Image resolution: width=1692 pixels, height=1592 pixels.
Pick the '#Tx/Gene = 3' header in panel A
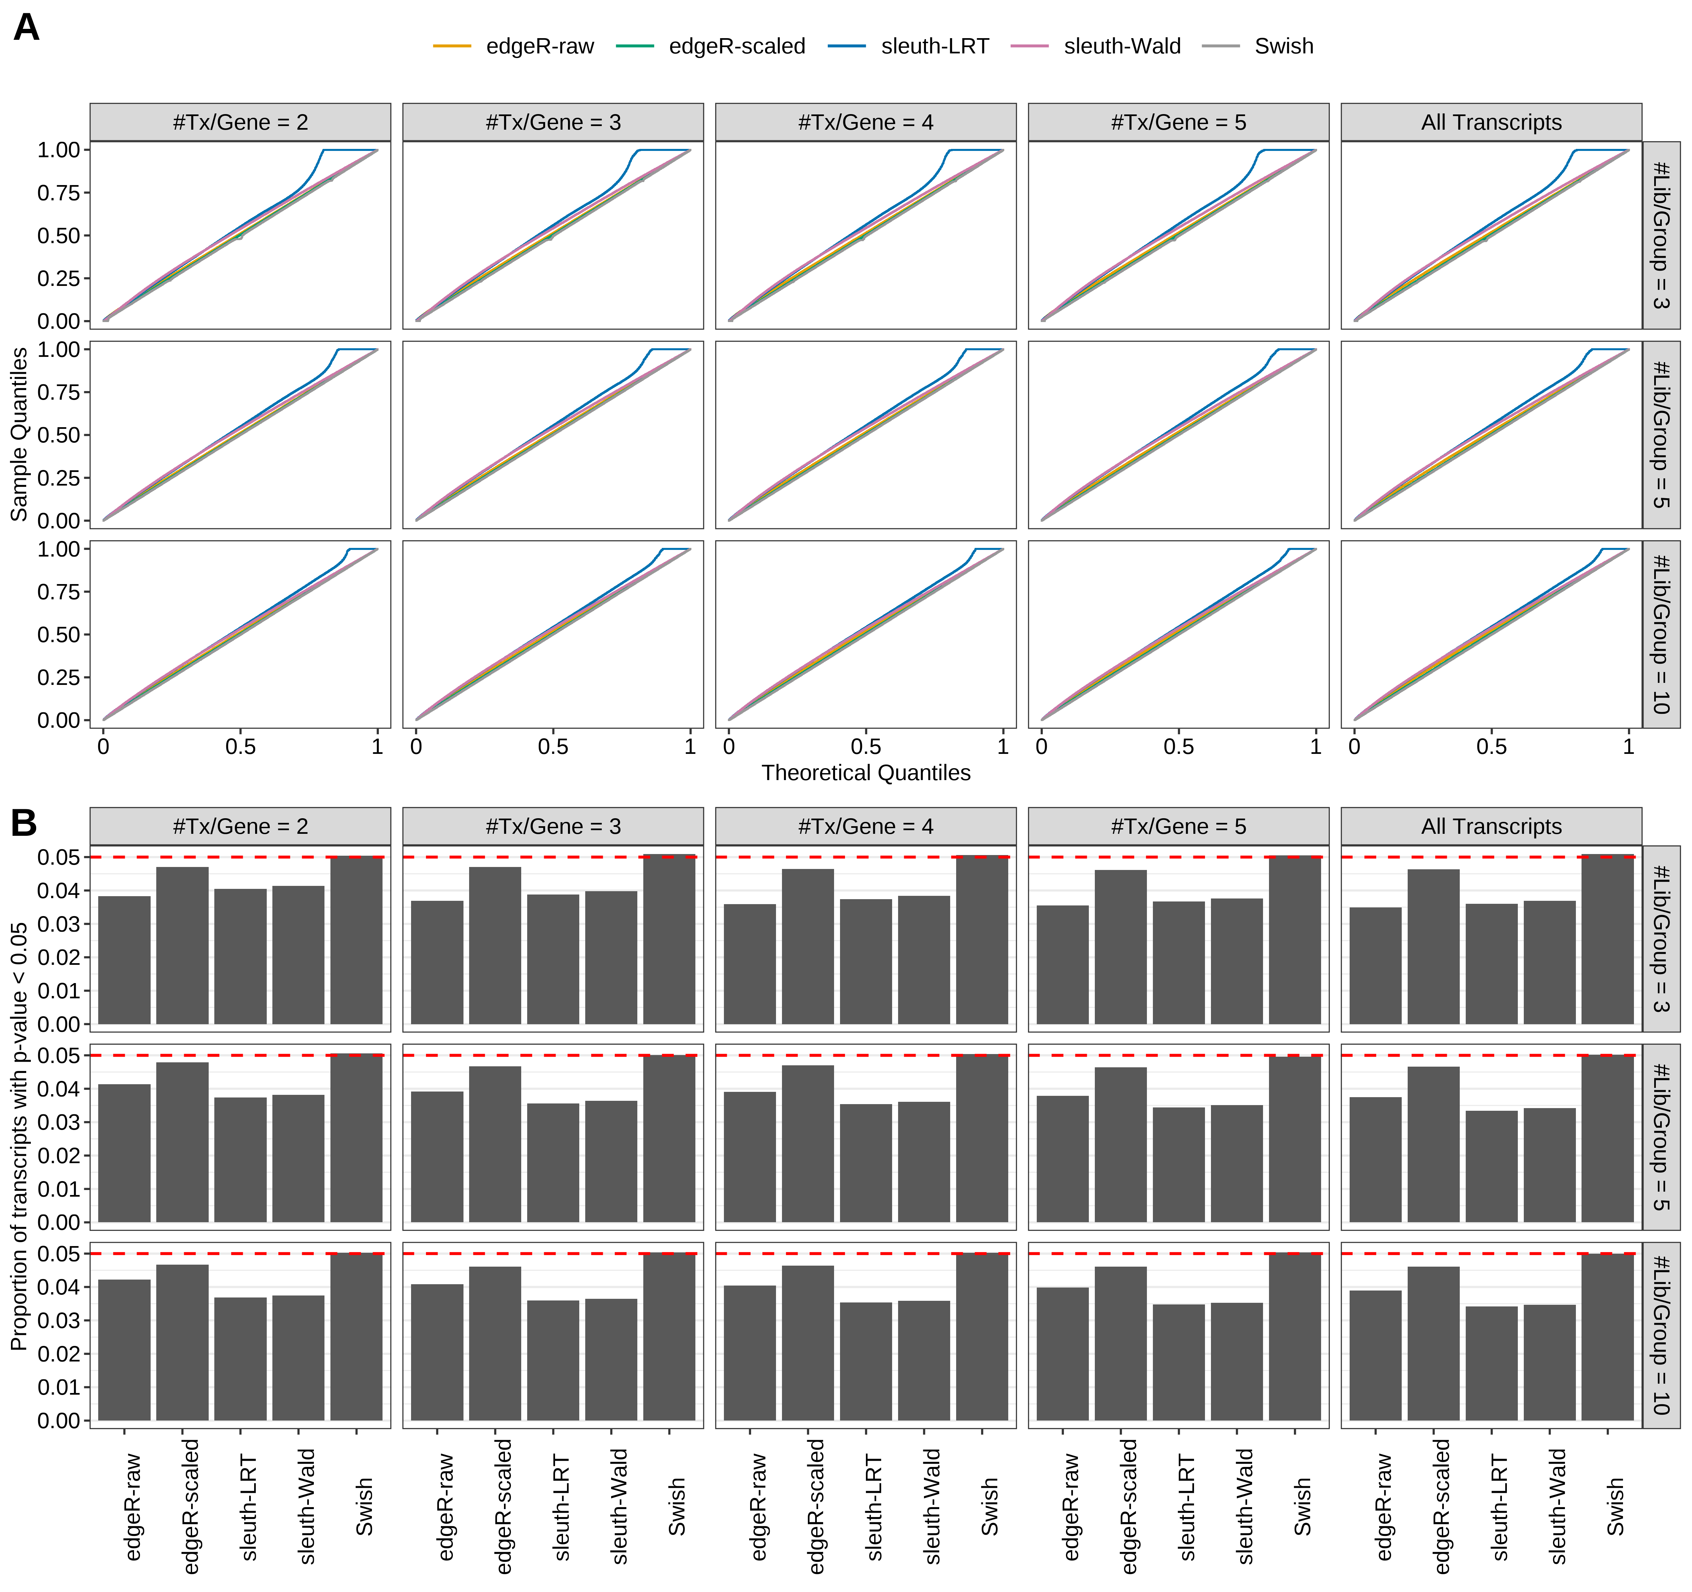click(x=553, y=122)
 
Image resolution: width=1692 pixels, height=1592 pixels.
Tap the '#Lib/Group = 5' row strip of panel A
click(x=1660, y=435)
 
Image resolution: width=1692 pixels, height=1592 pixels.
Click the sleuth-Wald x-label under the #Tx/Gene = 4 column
click(x=932, y=1506)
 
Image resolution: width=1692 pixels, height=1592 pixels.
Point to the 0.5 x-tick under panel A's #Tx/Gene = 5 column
click(x=1179, y=747)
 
